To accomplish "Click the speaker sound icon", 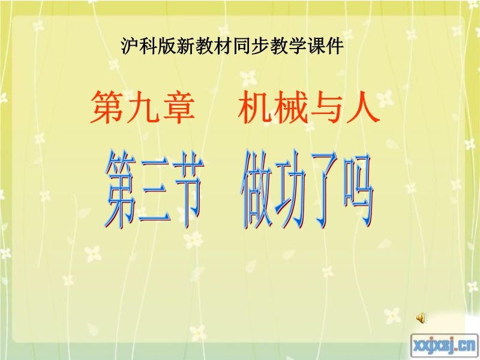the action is [422, 318].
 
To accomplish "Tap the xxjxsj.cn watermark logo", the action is [444, 346].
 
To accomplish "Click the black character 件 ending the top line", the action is [335, 46].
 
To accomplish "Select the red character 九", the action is [142, 107].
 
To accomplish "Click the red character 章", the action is [178, 107].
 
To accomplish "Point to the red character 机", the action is [254, 107].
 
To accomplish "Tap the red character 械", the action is [290, 107].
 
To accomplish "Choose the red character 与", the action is [326, 107].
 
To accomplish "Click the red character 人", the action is [363, 107].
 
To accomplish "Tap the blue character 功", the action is [290, 190].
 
